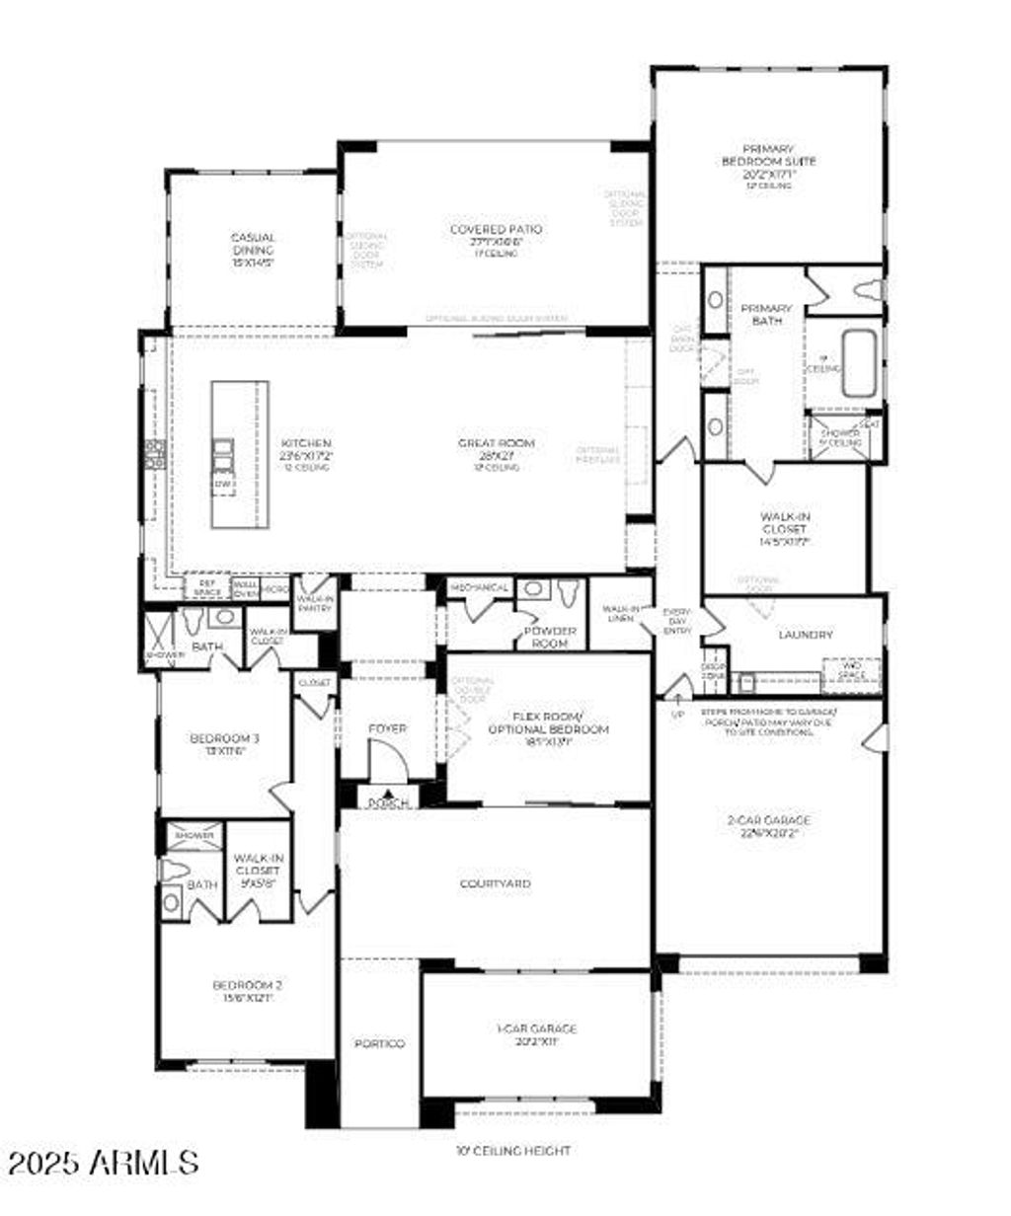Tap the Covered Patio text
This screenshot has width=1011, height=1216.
tap(496, 230)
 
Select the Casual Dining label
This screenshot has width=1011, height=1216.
tap(253, 244)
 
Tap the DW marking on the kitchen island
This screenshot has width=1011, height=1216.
tap(224, 485)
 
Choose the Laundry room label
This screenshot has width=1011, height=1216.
tap(805, 635)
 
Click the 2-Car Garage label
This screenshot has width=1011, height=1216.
tap(768, 820)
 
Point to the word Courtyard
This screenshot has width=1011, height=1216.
tap(496, 883)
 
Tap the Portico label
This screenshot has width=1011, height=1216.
tap(380, 1044)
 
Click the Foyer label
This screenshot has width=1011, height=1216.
tap(387, 728)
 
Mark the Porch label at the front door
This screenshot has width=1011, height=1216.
tap(389, 802)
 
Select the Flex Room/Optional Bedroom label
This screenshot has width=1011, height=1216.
tap(548, 722)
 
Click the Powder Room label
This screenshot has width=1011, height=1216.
tap(550, 637)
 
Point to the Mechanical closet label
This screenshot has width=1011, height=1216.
tap(480, 588)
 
